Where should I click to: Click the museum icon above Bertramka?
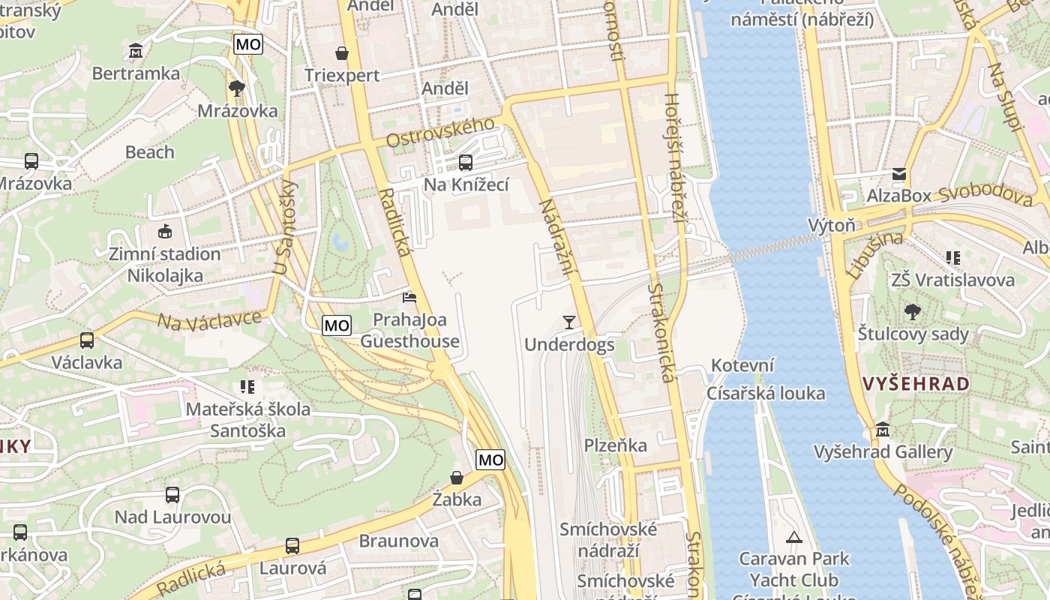[x=136, y=50]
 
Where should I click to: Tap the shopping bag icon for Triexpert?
[x=342, y=52]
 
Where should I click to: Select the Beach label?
[x=149, y=152]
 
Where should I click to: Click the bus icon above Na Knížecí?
[x=466, y=162]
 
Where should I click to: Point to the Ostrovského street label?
[x=440, y=133]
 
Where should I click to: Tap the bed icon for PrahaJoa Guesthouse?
[x=409, y=298]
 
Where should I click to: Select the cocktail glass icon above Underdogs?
[x=569, y=322]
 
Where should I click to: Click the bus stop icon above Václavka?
[x=87, y=340]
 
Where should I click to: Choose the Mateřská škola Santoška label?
[x=248, y=420]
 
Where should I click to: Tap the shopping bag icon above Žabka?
[x=456, y=477]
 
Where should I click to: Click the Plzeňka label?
[x=615, y=445]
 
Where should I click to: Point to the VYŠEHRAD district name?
[x=916, y=384]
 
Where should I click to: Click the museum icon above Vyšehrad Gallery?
[x=883, y=430]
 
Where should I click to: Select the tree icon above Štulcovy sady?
[x=913, y=311]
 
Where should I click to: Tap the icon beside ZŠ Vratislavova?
[x=953, y=258]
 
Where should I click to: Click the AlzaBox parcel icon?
[x=898, y=175]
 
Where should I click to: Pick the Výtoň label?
[x=831, y=225]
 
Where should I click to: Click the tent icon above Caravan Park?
[x=793, y=536]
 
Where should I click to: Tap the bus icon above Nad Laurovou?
[x=172, y=495]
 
